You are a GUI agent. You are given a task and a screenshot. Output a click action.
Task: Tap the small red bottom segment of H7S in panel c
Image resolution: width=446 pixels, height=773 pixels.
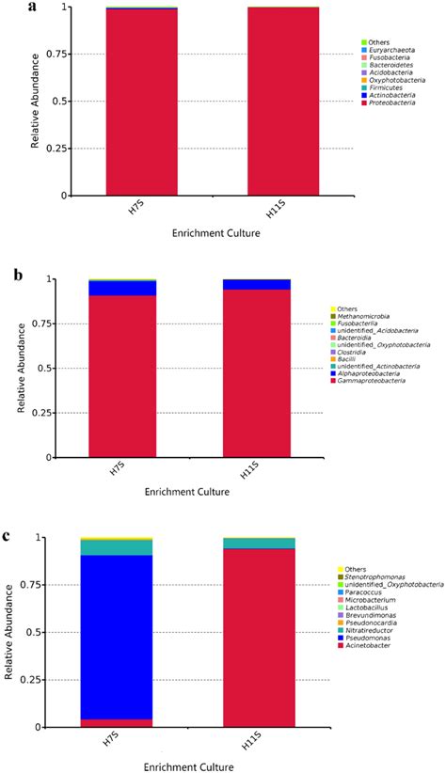[x=130, y=722]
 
